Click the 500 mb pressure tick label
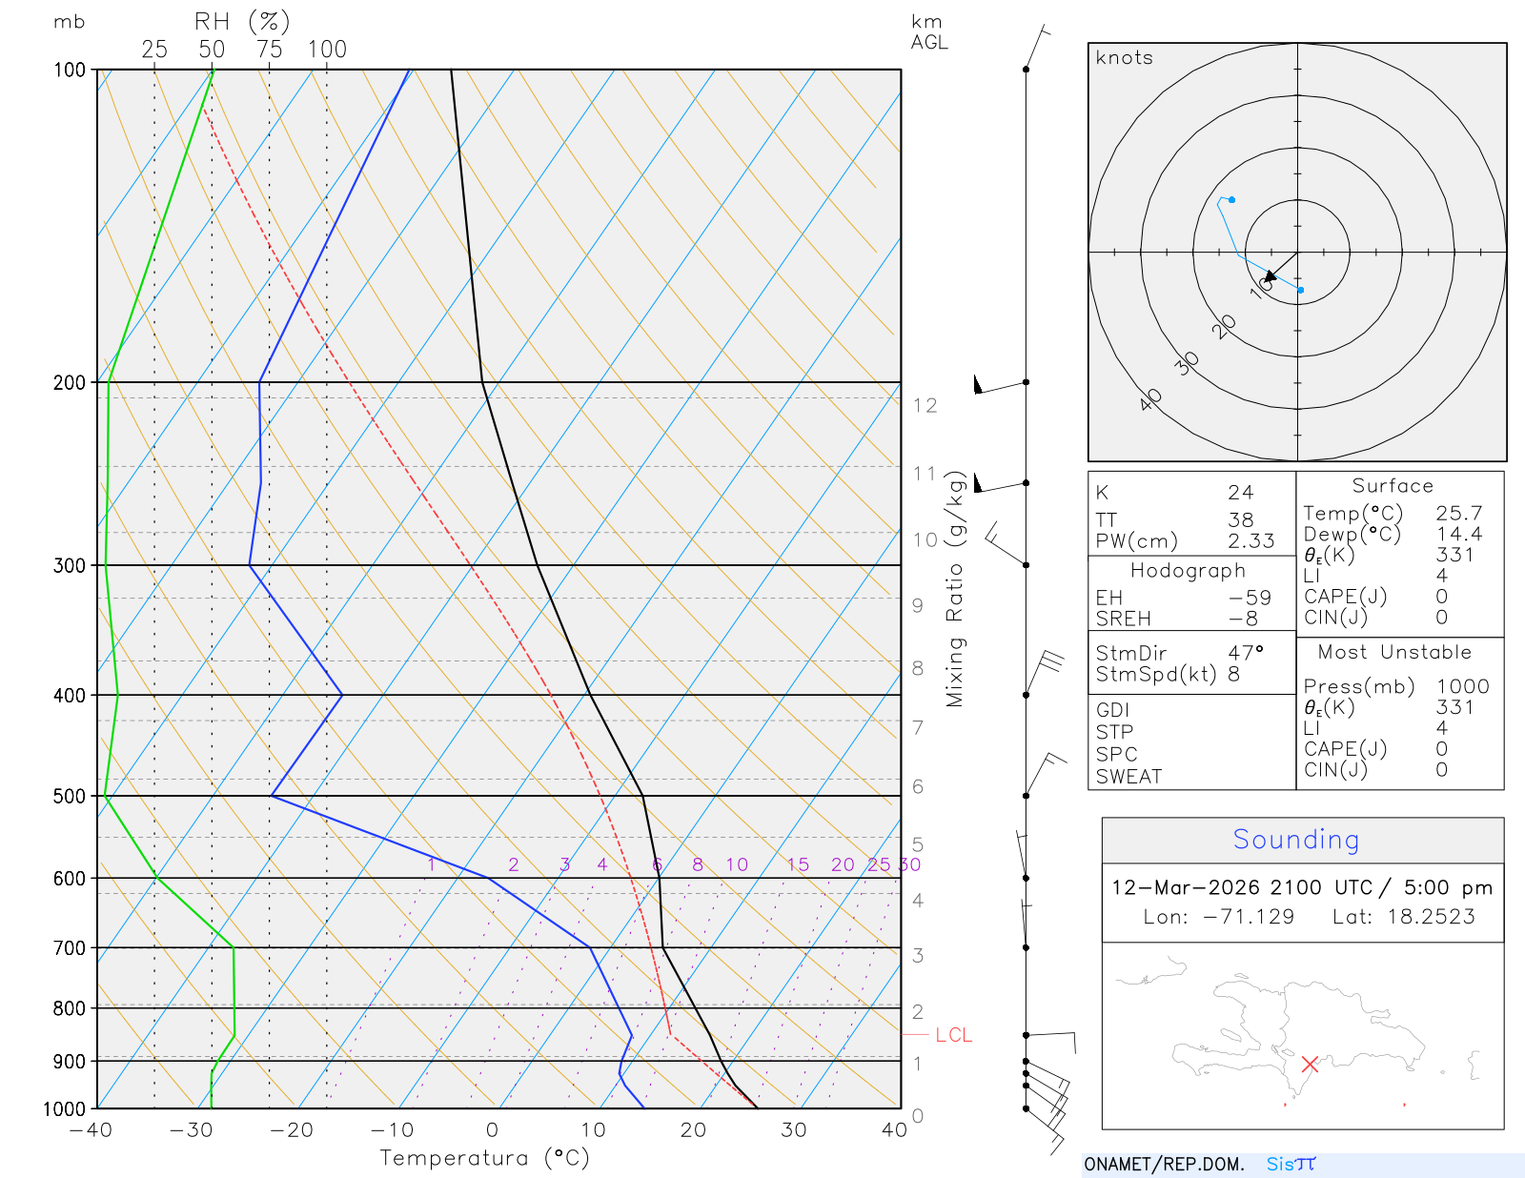(69, 796)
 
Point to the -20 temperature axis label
(292, 1130)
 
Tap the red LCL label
(953, 1035)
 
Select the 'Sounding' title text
(1295, 840)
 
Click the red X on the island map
(1310, 1064)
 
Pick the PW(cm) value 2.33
(1250, 541)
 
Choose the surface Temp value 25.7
(1458, 514)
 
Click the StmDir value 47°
(1246, 653)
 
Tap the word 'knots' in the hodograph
(1124, 58)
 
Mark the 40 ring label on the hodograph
(1151, 399)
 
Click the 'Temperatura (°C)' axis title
(484, 1158)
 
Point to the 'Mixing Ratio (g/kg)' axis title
(955, 589)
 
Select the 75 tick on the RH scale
(269, 50)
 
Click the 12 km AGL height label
(925, 406)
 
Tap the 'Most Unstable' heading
(1394, 653)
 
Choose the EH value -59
(1250, 598)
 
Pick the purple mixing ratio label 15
(798, 864)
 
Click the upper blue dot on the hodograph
(1232, 200)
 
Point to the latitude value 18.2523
(1431, 917)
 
